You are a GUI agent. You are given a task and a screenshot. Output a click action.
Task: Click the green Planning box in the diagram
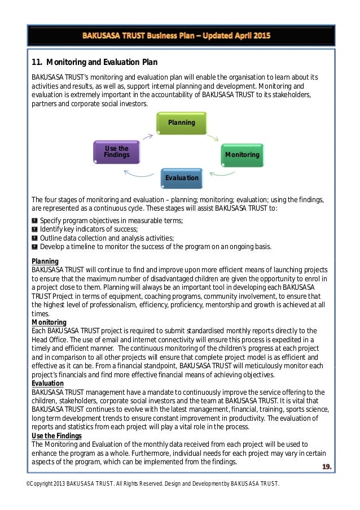181,123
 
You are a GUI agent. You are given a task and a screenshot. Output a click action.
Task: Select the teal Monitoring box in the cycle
242,154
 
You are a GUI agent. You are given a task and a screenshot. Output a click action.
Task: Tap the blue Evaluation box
181,178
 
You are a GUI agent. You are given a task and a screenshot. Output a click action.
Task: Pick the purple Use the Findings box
117,152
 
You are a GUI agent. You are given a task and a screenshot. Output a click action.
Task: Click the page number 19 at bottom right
326,467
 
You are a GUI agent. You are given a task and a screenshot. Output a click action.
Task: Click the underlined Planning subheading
45,261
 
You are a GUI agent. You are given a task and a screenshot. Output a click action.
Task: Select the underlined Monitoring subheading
49,322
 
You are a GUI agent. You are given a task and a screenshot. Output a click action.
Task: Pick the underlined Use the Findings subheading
56,436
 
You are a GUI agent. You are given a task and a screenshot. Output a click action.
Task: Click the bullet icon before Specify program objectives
34,220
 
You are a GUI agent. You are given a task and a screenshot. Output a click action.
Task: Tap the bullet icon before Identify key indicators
34,229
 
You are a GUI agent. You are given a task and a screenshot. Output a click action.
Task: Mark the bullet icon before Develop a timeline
34,247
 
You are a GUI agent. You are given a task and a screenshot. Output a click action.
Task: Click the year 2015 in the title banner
261,35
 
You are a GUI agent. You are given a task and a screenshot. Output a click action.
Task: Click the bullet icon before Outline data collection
34,238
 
